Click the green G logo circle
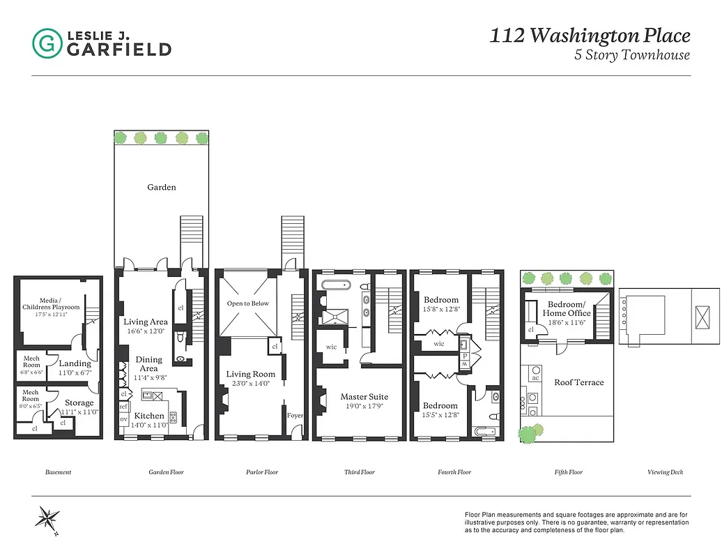[x=47, y=43]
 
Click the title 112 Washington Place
[x=590, y=36]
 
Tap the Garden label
[x=161, y=187]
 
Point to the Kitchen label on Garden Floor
[x=149, y=416]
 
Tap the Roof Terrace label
[x=578, y=382]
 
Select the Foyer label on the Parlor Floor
[x=295, y=416]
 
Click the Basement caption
[x=58, y=472]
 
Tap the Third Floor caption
[x=359, y=472]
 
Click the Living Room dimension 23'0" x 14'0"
[x=250, y=383]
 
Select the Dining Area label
[x=148, y=364]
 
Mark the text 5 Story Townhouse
[x=631, y=56]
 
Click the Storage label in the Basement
[x=79, y=402]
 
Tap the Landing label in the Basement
[x=75, y=363]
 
